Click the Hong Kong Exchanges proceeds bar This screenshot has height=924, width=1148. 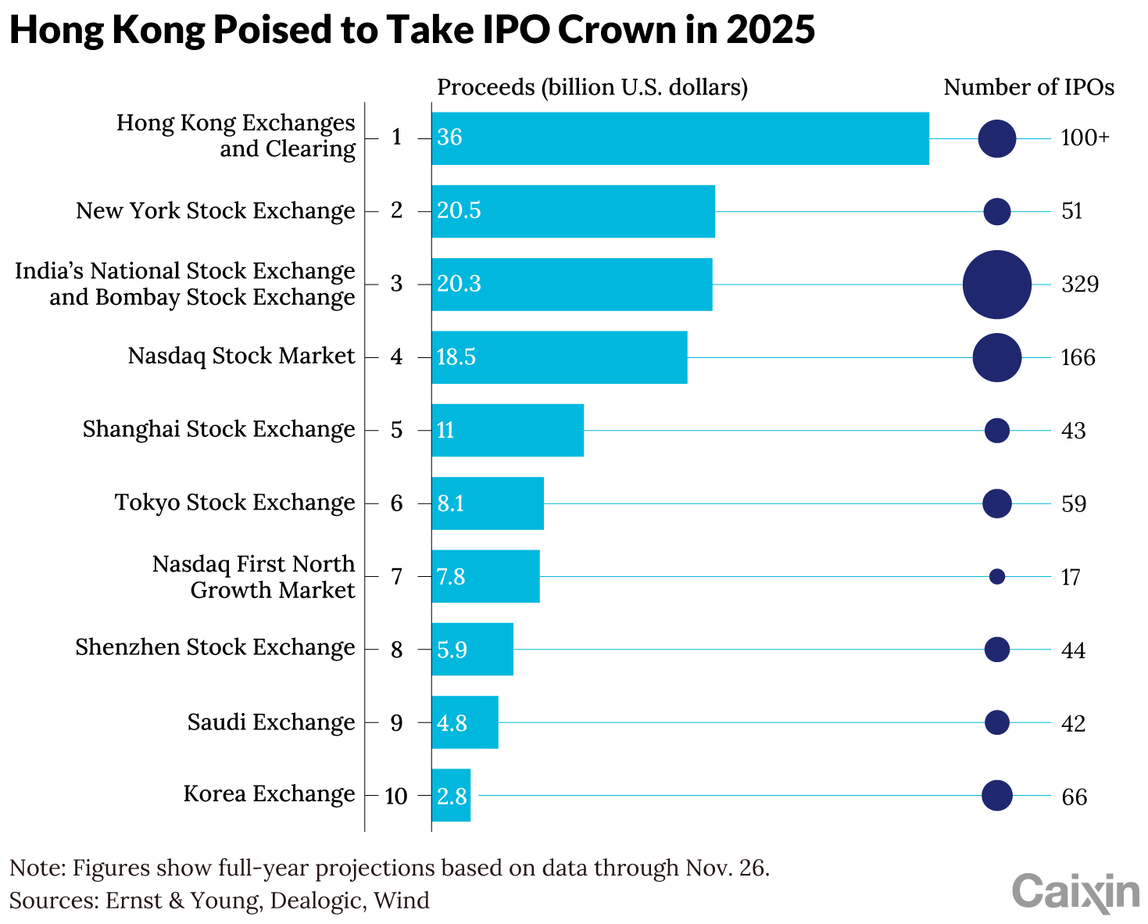[680, 138]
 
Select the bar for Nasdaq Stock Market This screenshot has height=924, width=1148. [559, 357]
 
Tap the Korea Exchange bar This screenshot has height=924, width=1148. [451, 796]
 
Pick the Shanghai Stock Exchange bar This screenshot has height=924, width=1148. [507, 430]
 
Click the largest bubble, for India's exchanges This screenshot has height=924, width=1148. [996, 285]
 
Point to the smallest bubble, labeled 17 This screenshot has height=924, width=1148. [996, 576]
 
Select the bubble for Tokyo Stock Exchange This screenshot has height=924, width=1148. [996, 503]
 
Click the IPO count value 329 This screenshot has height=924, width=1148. [1079, 285]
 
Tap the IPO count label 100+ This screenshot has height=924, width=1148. [1085, 138]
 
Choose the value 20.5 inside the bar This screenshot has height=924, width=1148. [459, 211]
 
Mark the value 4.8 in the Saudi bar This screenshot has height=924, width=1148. [452, 723]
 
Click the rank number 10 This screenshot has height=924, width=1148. [396, 797]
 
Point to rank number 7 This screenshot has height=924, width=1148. [396, 577]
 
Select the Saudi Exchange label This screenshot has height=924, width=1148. [270, 722]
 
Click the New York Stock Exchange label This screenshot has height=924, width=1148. [215, 211]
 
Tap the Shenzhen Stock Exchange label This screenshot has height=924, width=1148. [215, 648]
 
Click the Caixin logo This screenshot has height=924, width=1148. [1075, 892]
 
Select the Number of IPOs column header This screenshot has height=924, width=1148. [1028, 88]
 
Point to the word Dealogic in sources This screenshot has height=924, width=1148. [316, 901]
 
